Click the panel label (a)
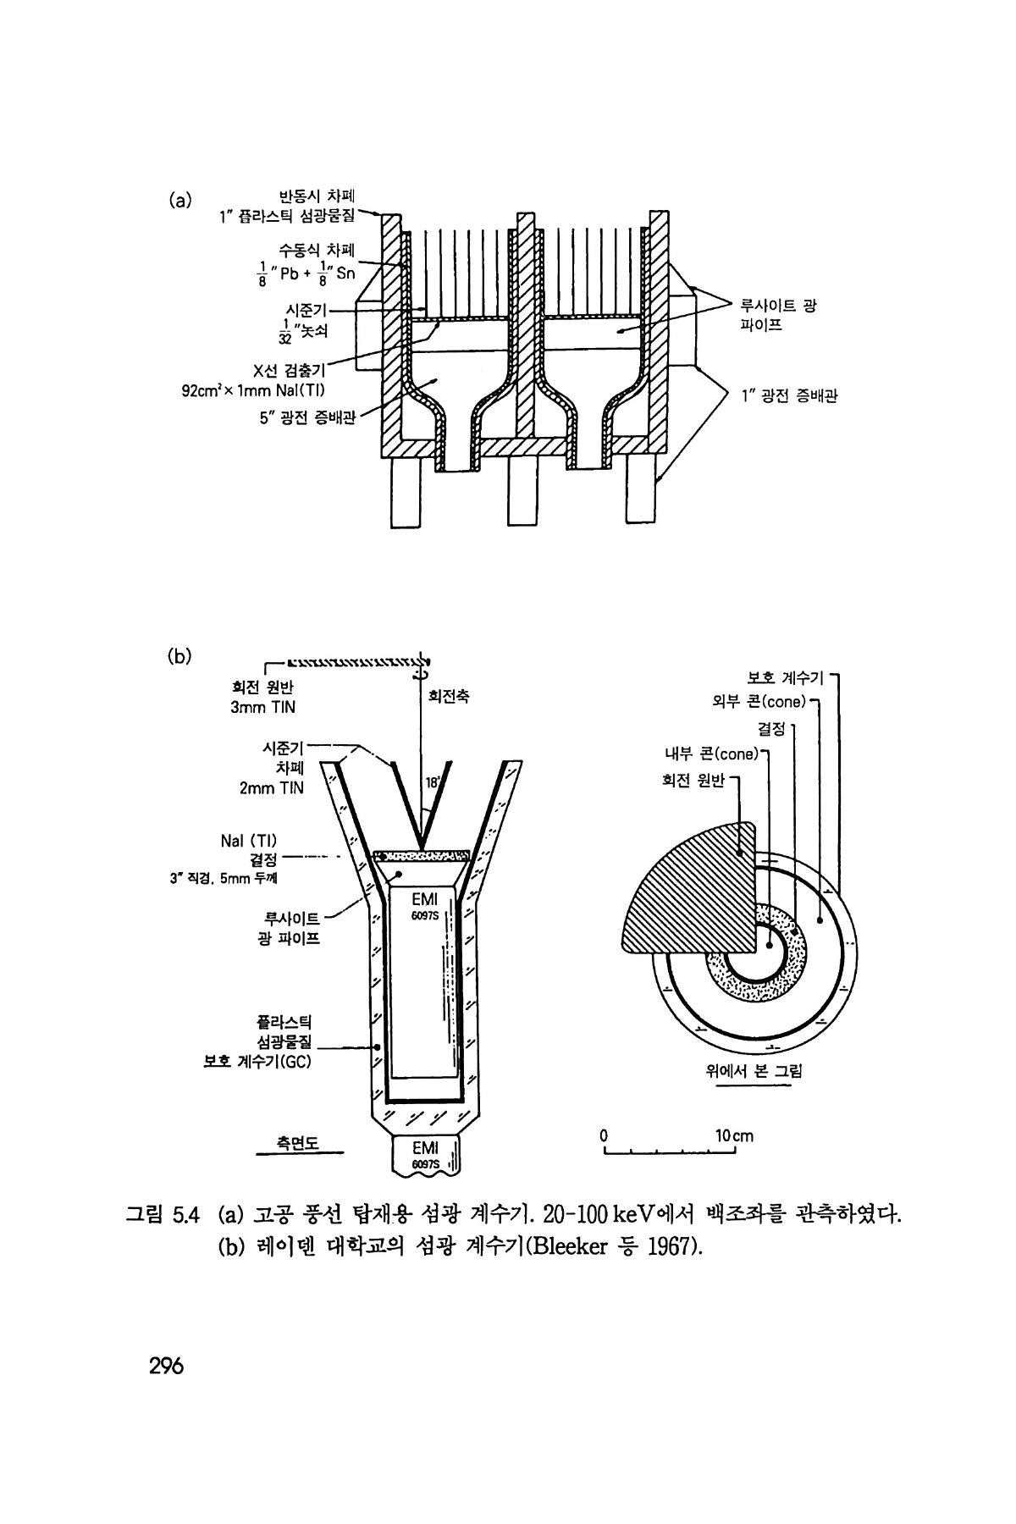(x=179, y=201)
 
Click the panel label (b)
(x=179, y=654)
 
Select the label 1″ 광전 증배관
(x=788, y=395)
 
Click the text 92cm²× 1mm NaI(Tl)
(x=254, y=390)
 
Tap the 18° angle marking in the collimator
(x=432, y=783)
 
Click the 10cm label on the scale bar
(x=733, y=1135)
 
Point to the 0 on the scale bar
(x=604, y=1135)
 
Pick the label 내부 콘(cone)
(x=715, y=754)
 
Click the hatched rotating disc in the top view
(x=686, y=889)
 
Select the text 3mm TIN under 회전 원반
(x=263, y=707)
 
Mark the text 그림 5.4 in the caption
(x=162, y=1216)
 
